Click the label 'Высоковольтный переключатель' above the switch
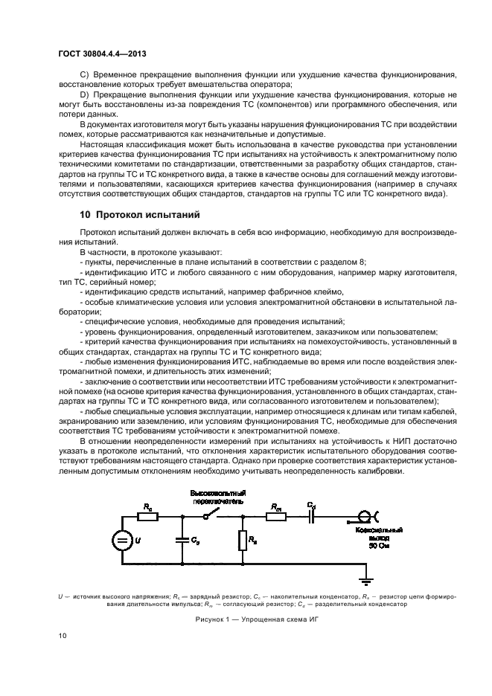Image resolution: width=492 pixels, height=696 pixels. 218,497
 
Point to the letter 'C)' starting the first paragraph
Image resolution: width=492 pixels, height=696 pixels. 83,75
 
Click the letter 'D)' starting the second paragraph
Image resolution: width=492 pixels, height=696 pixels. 83,96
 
